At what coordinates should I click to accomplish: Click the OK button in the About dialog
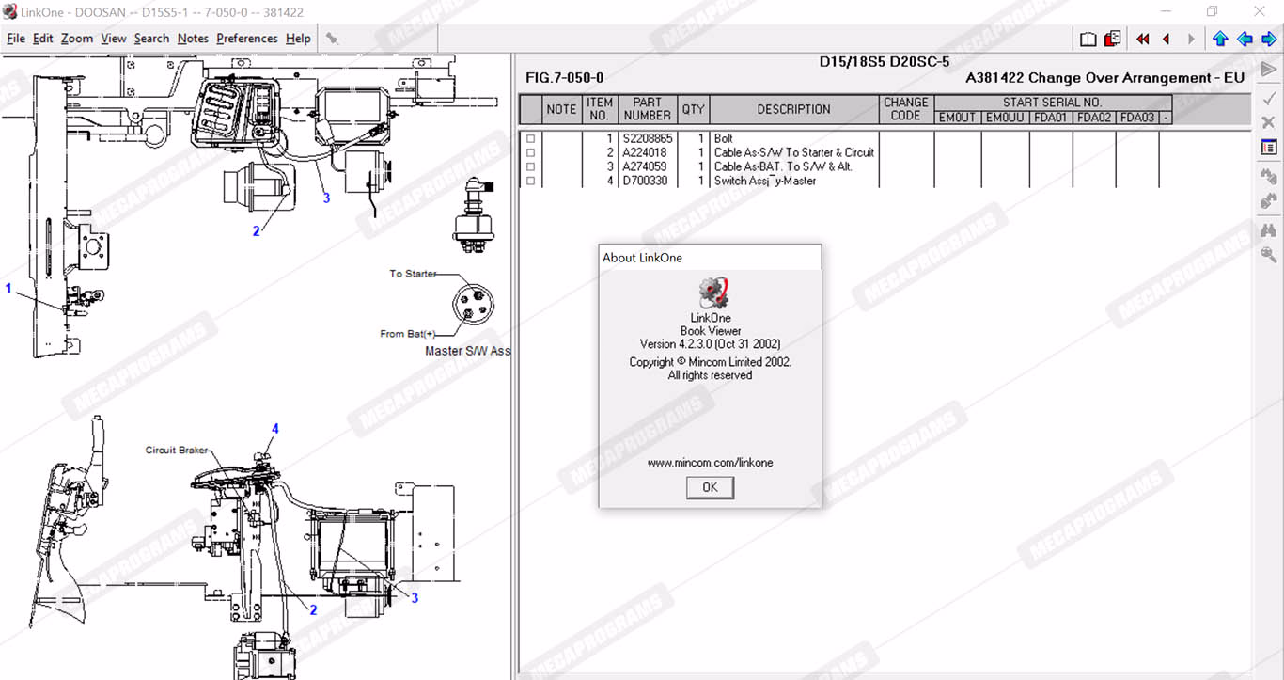coord(710,487)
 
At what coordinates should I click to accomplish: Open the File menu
coord(16,39)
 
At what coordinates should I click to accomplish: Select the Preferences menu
coord(247,39)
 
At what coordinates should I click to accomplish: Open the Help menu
coord(298,39)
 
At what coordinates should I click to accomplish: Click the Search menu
coord(152,39)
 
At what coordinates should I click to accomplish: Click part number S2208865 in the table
coord(647,139)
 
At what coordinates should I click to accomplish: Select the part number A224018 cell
coord(644,152)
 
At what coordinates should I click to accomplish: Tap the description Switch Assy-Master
coord(765,181)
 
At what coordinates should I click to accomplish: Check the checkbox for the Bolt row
coord(531,139)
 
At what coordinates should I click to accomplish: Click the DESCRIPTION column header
coord(793,109)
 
